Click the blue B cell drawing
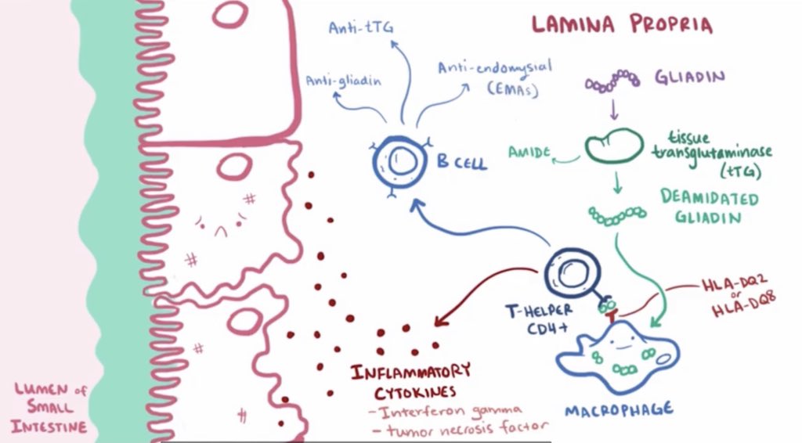point(399,161)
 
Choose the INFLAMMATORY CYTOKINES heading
point(410,379)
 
